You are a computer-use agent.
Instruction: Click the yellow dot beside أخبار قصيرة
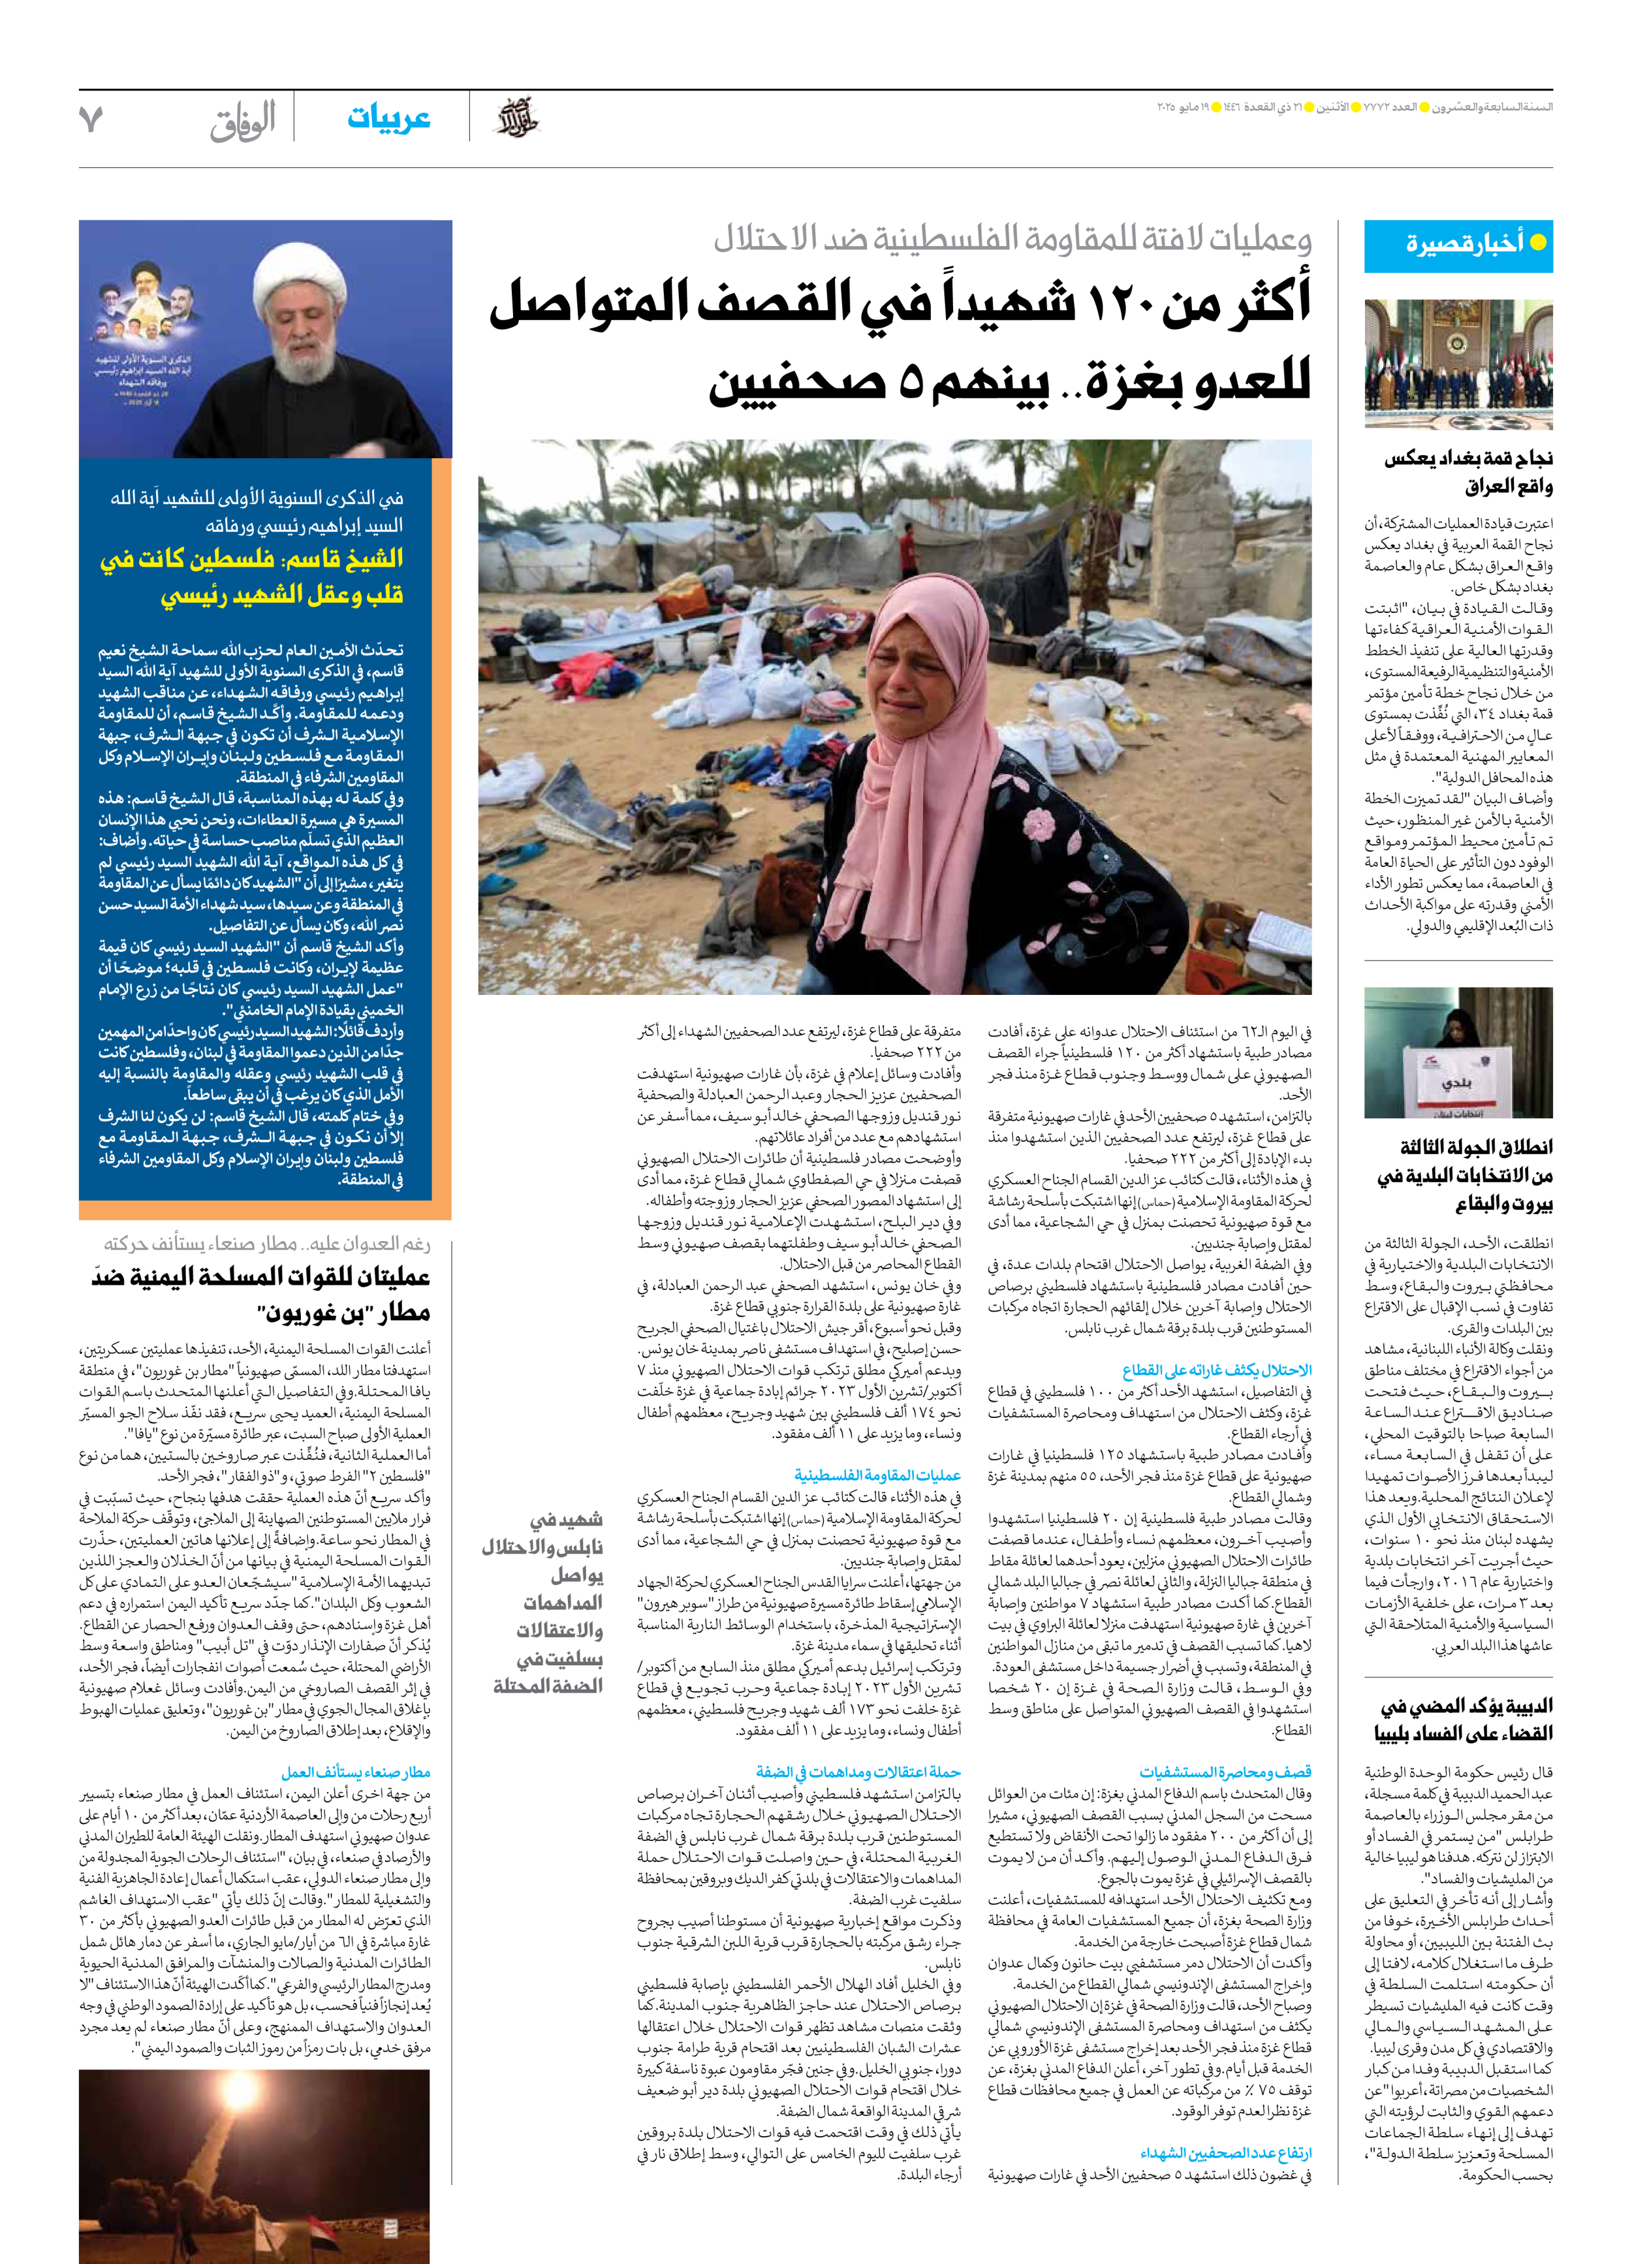pyautogui.click(x=1537, y=243)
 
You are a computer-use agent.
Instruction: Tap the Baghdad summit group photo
pyautogui.click(x=1458, y=366)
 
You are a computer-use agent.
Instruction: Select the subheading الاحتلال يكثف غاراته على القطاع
pyautogui.click(x=1216, y=1370)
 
